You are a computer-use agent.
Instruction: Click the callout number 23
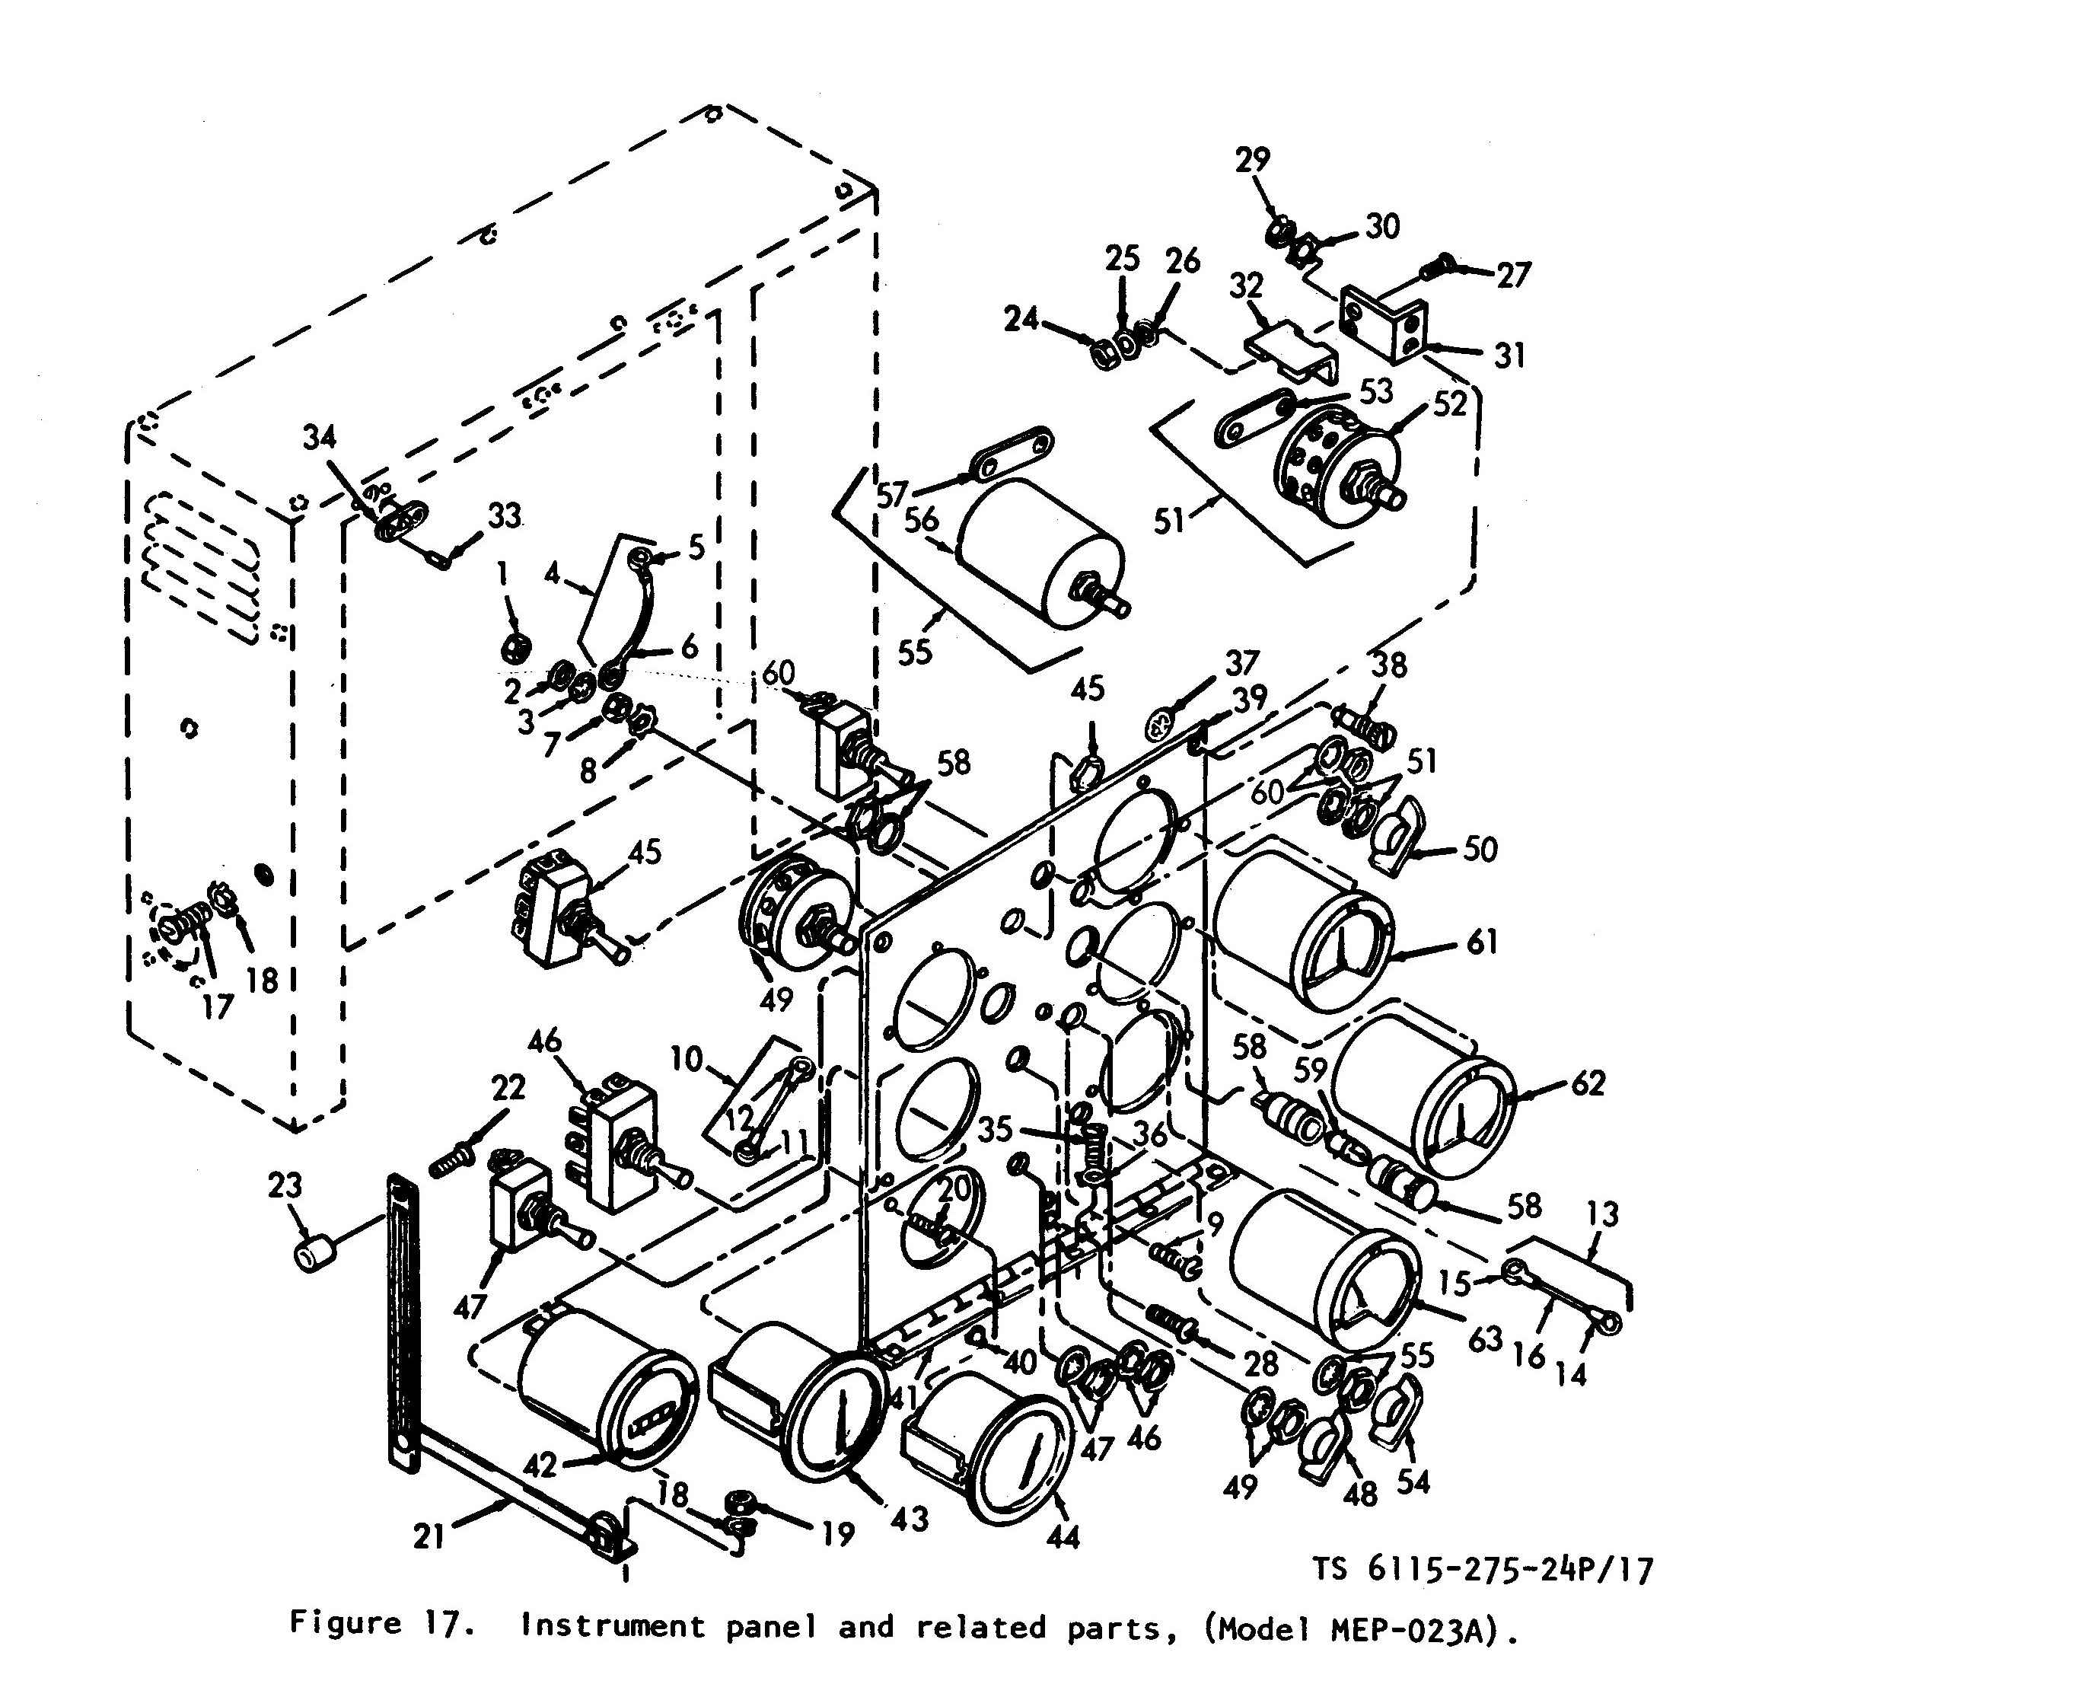[x=285, y=1185]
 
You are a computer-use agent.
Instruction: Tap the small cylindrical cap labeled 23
[x=314, y=1255]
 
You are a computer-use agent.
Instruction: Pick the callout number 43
[x=910, y=1519]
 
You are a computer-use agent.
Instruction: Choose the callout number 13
[x=1602, y=1214]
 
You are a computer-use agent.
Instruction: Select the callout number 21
[x=429, y=1536]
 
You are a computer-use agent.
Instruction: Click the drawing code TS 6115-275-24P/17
[x=1483, y=1570]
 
